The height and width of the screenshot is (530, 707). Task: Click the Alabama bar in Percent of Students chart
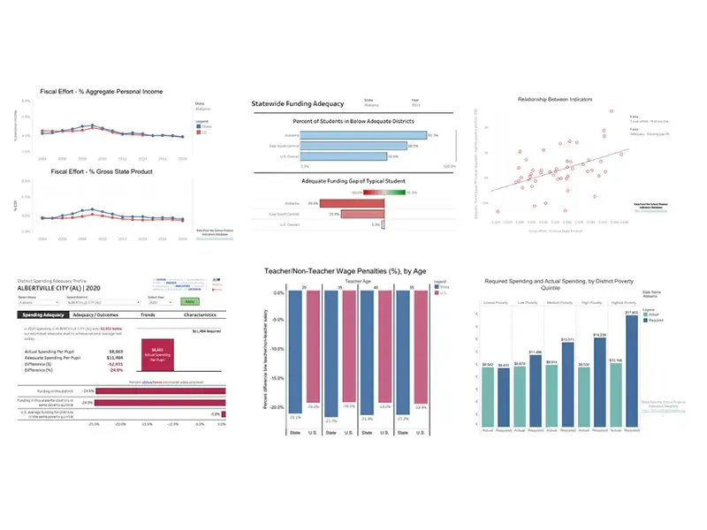pos(364,135)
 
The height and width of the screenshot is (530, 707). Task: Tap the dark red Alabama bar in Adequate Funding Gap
pos(353,202)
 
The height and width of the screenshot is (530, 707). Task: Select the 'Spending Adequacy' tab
pos(43,314)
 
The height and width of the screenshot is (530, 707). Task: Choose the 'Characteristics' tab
pos(202,314)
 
